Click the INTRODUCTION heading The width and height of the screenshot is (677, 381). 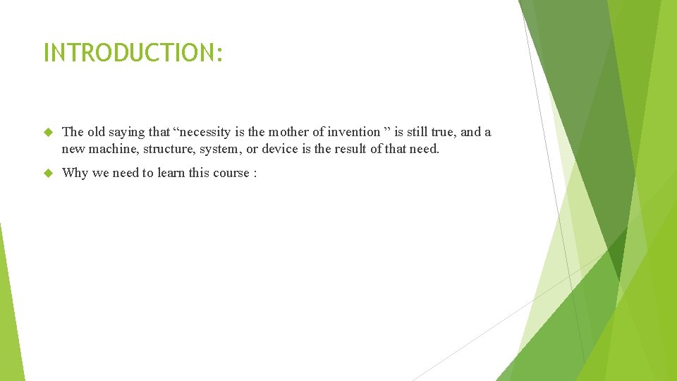[x=133, y=53]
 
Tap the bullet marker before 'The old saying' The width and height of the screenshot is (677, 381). [x=48, y=132]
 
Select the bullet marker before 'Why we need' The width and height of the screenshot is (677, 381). [x=48, y=173]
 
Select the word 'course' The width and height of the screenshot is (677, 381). [x=231, y=173]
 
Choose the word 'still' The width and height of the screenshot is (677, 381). [x=412, y=132]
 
